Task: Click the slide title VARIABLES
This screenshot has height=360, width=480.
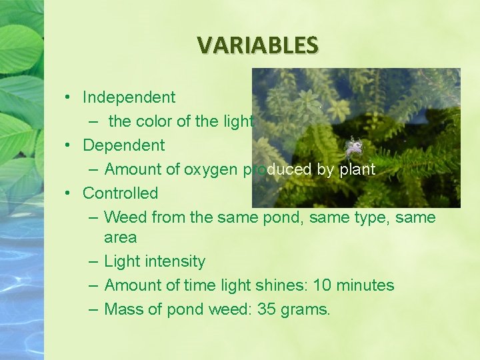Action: click(258, 45)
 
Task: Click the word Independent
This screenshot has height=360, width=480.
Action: click(129, 97)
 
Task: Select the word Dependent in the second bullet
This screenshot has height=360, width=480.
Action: click(123, 145)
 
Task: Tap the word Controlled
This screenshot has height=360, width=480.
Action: click(120, 193)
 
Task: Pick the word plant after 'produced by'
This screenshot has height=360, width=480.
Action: click(357, 169)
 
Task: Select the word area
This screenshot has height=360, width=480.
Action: click(120, 237)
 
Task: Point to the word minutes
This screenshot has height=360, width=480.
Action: click(365, 285)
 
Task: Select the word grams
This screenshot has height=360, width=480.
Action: click(307, 309)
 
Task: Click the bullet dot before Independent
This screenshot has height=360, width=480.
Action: click(69, 97)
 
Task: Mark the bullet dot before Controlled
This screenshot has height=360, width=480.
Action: click(69, 193)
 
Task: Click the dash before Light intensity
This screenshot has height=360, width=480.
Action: click(92, 261)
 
